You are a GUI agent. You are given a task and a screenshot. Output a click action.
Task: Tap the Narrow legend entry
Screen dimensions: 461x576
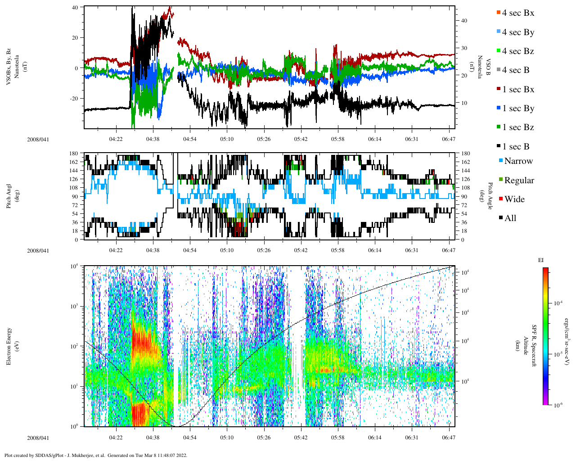pos(518,161)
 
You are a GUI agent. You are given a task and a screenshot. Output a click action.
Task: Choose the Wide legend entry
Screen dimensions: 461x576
pos(514,199)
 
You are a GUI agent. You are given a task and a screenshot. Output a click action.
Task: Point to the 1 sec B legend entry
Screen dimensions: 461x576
pos(516,147)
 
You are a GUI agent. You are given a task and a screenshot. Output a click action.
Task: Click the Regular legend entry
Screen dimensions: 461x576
pos(519,181)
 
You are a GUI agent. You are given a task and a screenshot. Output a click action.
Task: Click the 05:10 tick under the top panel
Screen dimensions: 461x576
pos(227,139)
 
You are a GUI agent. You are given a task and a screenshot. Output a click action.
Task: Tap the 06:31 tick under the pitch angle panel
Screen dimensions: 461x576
pos(412,250)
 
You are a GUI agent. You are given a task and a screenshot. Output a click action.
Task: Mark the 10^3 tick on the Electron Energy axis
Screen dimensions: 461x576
pos(75,306)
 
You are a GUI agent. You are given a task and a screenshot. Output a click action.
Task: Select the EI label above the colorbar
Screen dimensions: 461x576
pos(541,260)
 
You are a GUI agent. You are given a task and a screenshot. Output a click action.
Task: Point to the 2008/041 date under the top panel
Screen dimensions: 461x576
pos(38,140)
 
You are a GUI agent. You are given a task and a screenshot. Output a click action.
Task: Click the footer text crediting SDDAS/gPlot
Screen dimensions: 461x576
pos(95,455)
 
